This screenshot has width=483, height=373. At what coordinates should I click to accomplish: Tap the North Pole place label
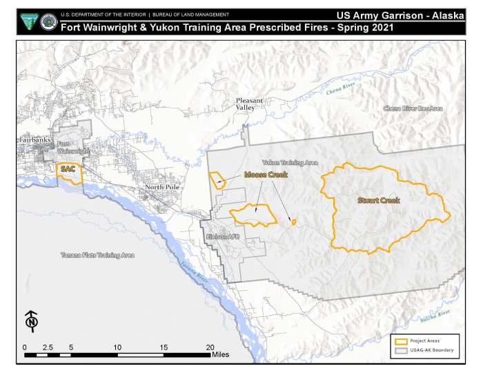(162, 187)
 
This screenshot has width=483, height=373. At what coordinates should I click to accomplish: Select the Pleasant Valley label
(249, 104)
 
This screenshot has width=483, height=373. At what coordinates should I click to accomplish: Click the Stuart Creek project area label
(378, 200)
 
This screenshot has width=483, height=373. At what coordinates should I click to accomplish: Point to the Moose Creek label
(266, 175)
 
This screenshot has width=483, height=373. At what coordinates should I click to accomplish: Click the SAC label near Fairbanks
(68, 169)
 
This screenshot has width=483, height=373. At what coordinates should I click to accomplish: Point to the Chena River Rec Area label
(413, 108)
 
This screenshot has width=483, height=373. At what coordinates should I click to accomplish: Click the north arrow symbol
(31, 321)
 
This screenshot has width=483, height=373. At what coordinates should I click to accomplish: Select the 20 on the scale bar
(210, 347)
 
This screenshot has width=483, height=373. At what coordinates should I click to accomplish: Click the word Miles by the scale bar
(221, 355)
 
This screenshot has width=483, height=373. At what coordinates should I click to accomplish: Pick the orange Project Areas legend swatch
(400, 341)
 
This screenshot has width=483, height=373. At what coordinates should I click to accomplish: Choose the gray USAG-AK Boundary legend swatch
(400, 350)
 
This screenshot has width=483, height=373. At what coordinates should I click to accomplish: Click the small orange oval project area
(294, 222)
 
